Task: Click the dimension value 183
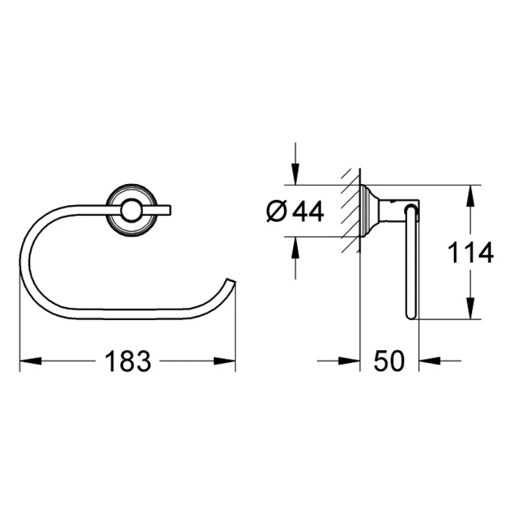click(x=127, y=362)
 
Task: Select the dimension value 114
click(x=471, y=253)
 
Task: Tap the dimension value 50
click(x=389, y=362)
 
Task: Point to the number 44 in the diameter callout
click(x=307, y=211)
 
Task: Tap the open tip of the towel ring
click(x=231, y=283)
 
